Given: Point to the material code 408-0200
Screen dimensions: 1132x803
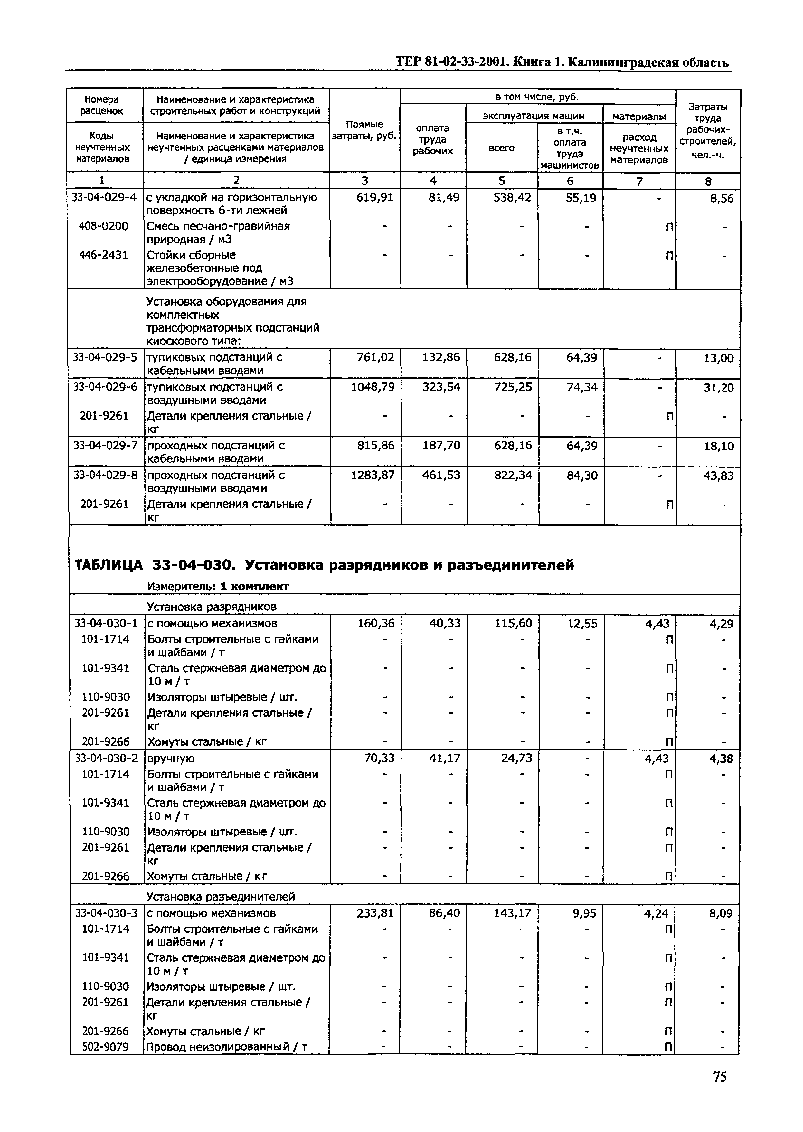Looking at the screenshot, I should tap(103, 226).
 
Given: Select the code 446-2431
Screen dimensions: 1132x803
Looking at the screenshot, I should tap(103, 255).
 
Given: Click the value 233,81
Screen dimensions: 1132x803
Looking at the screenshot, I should tap(375, 913).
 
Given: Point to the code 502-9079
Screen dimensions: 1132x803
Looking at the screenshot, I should tap(105, 1046).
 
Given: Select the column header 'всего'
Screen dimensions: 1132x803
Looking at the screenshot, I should tap(501, 148).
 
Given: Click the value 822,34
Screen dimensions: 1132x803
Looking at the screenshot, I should tap(513, 475).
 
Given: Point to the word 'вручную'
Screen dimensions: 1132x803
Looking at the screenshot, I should tap(171, 758).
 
